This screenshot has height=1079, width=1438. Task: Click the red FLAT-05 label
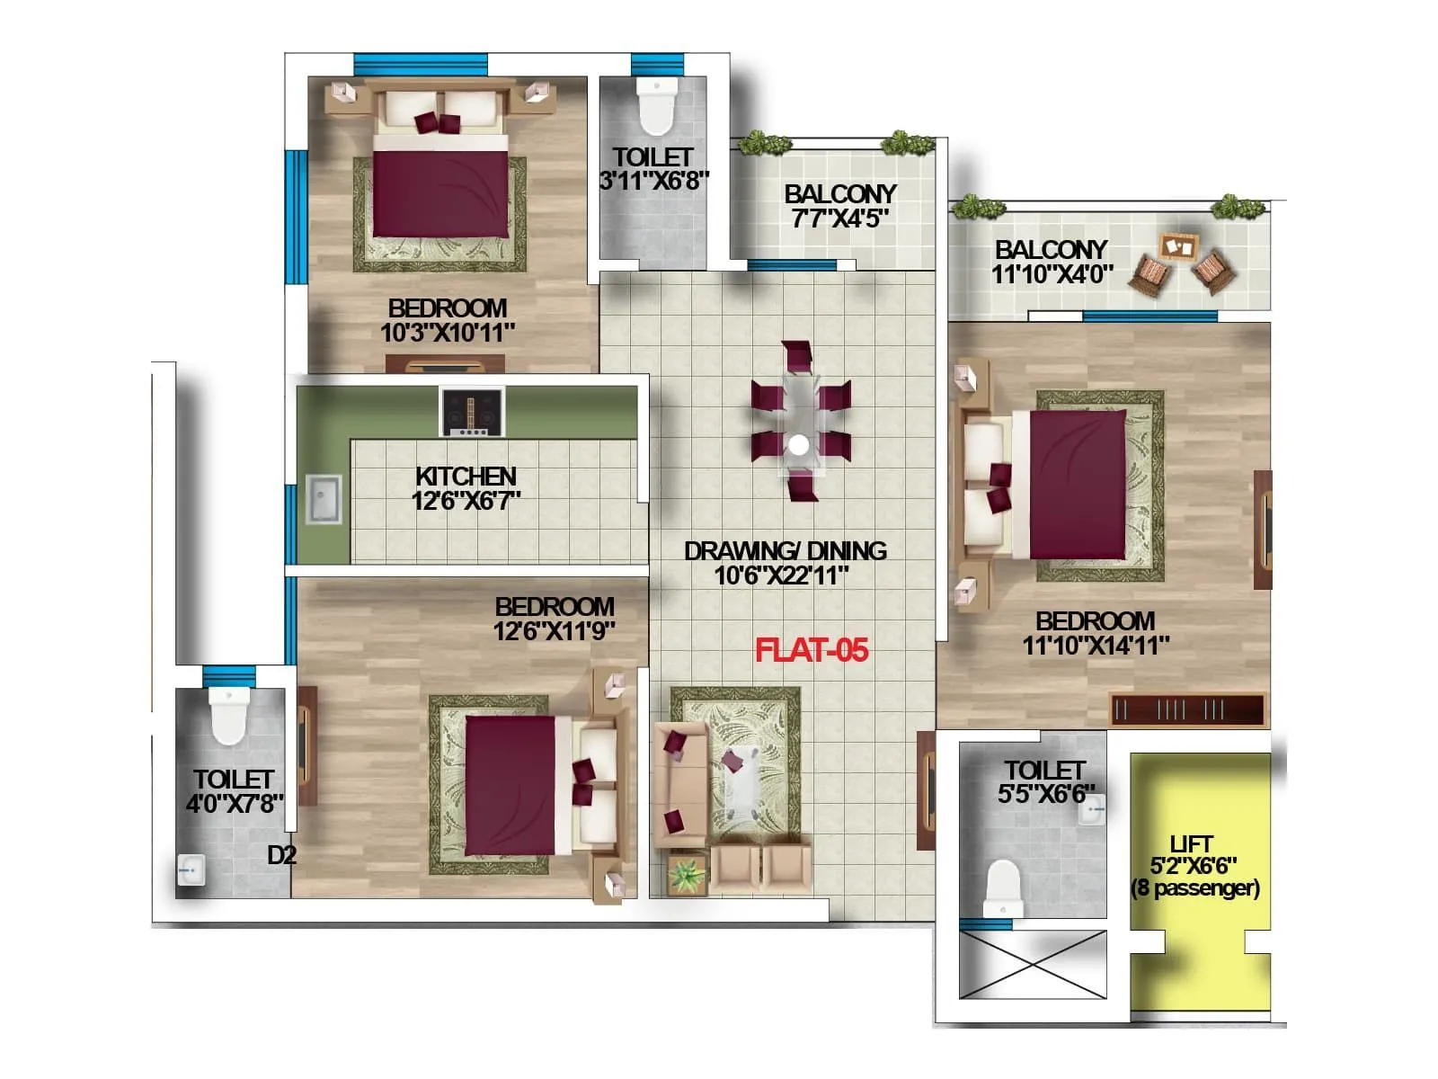pyautogui.click(x=812, y=650)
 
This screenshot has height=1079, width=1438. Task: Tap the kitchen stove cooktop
pyautogui.click(x=472, y=412)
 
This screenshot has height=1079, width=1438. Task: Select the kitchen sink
pyautogui.click(x=324, y=500)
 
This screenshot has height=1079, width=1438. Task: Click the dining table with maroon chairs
pyautogui.click(x=800, y=421)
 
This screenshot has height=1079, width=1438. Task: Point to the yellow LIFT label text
pyautogui.click(x=1192, y=844)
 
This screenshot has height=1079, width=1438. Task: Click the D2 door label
pyautogui.click(x=281, y=855)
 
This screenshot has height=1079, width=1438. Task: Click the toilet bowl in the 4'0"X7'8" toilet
pyautogui.click(x=227, y=715)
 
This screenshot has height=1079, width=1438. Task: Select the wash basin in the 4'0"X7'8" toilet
pyautogui.click(x=191, y=870)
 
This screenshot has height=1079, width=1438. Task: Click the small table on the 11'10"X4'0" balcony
pyautogui.click(x=1177, y=245)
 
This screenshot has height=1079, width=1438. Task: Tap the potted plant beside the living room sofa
pyautogui.click(x=688, y=873)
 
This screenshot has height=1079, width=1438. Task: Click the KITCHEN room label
pyautogui.click(x=466, y=477)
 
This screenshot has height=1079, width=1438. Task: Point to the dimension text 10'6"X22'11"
pyautogui.click(x=781, y=575)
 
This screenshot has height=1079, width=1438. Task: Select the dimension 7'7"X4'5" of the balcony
pyautogui.click(x=839, y=218)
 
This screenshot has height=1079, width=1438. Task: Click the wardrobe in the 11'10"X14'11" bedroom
pyautogui.click(x=1186, y=709)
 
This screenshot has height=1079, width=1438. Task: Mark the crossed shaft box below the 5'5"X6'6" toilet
pyautogui.click(x=1033, y=965)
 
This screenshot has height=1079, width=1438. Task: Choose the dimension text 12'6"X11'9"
pyautogui.click(x=554, y=631)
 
